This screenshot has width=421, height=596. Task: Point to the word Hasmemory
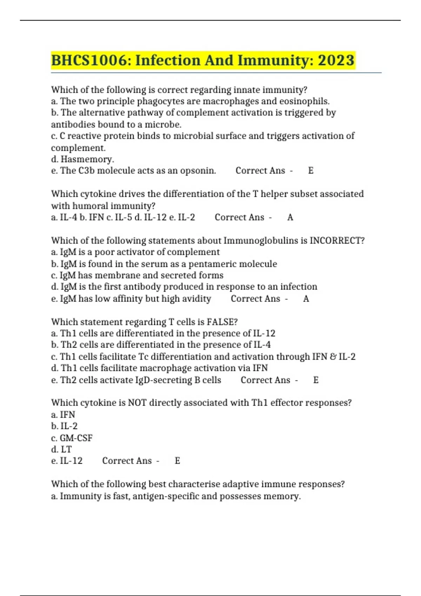(x=87, y=159)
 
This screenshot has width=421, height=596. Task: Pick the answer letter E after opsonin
(x=310, y=171)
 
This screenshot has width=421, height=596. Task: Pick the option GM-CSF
(x=76, y=438)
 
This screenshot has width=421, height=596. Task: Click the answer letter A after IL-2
(x=290, y=217)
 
